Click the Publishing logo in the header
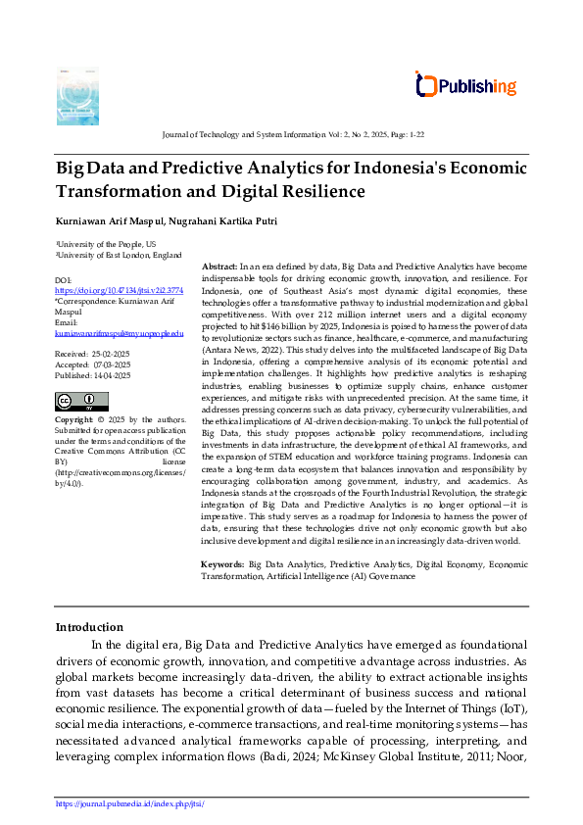coord(466,86)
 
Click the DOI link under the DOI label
coord(119,291)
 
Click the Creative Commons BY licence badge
coord(81,402)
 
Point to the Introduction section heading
coord(89,627)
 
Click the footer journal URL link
coord(129,803)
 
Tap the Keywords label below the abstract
coord(222,565)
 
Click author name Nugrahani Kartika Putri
coord(222,221)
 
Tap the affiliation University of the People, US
coord(106,244)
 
